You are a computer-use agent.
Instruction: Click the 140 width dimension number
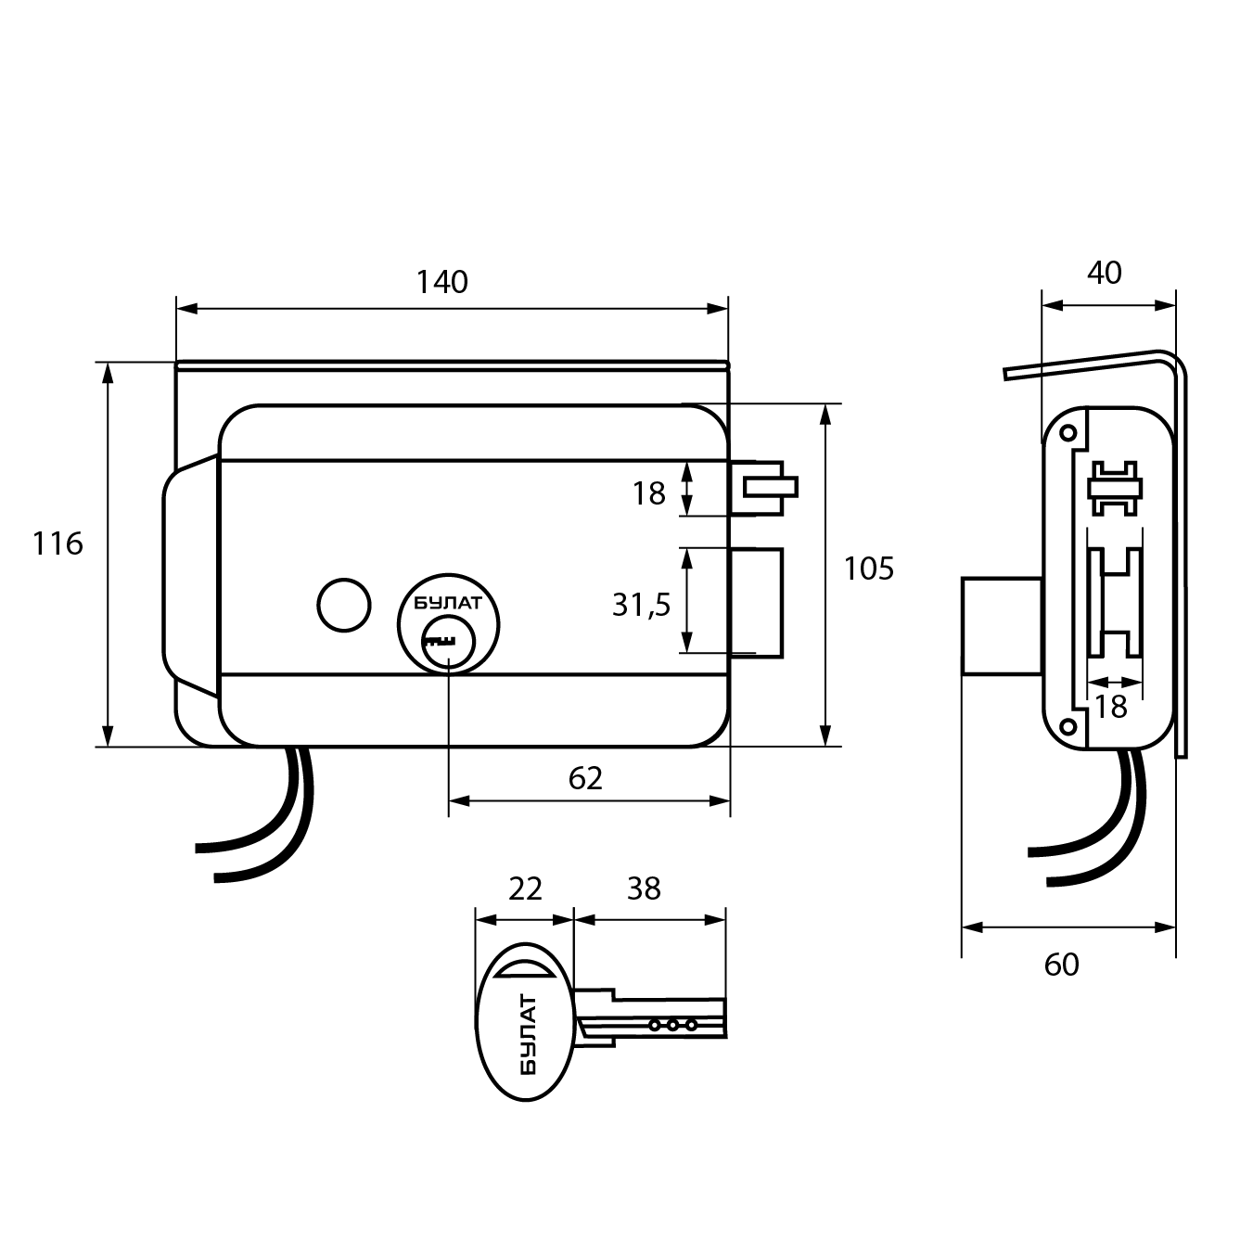[442, 282]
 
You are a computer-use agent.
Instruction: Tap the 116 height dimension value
[58, 543]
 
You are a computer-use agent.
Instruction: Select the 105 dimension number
[868, 568]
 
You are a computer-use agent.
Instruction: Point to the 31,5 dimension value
[641, 605]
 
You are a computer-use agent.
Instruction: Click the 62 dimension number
[585, 778]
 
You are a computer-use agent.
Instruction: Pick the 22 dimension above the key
[525, 889]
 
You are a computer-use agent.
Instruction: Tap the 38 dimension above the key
[644, 889]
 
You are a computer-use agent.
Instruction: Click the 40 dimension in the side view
[1104, 273]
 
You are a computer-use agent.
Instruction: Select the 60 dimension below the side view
[1062, 965]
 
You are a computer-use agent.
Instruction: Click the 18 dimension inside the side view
[1110, 707]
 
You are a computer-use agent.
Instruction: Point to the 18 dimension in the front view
[649, 493]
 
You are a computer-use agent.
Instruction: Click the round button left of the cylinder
[343, 605]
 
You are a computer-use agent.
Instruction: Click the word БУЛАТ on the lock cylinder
[448, 603]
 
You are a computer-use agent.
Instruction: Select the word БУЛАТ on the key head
[527, 1034]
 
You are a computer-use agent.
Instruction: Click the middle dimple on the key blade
[672, 1026]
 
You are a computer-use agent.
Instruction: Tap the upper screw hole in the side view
[1067, 433]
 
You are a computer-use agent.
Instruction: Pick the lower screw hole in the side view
[1067, 725]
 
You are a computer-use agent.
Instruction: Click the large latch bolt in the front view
[757, 600]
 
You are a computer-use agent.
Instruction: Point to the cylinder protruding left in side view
[1001, 626]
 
